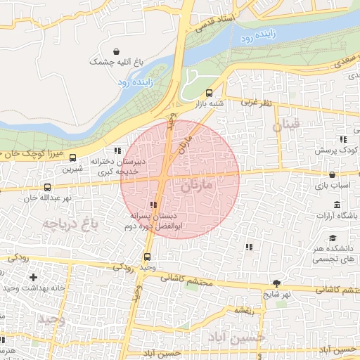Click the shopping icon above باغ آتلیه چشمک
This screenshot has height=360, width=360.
tap(116, 51)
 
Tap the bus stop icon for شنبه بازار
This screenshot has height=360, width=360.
tap(209, 93)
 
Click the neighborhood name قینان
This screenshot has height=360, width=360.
tap(286, 127)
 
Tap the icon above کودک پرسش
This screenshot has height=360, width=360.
tap(342, 140)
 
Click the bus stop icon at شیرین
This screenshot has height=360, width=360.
tap(74, 157)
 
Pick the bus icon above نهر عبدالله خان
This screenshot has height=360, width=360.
tap(47, 187)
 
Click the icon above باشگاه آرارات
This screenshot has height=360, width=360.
tap(337, 205)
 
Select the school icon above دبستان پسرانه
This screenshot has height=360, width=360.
tap(153, 205)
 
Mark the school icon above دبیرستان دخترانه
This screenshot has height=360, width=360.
tap(117, 151)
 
